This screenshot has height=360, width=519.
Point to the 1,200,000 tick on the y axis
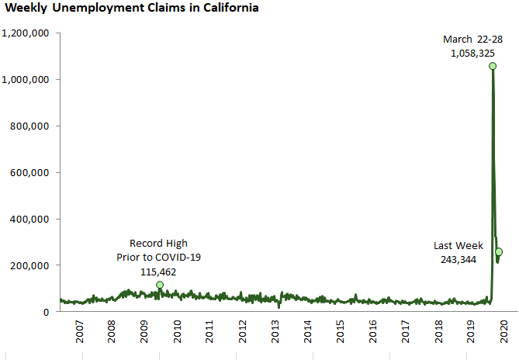26,33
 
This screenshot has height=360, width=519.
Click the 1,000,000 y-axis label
26,80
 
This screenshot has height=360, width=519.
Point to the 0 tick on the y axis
47,312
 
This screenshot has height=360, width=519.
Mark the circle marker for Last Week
499,251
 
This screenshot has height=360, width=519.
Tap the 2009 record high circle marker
160,285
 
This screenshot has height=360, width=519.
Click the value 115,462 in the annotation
158,272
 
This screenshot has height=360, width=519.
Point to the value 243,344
456,259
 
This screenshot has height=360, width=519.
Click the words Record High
158,244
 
